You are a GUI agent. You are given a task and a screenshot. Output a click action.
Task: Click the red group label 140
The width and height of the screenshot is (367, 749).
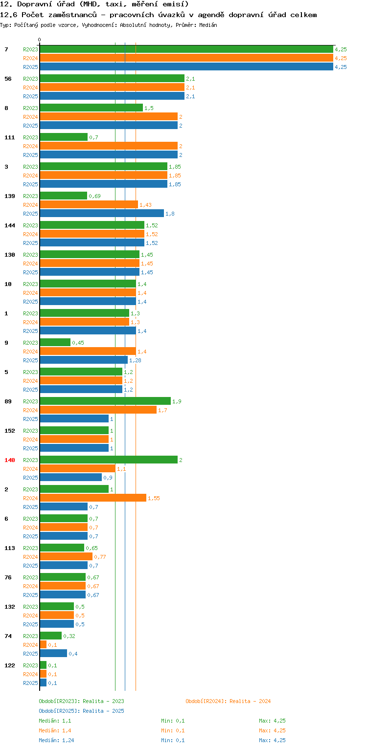coord(10,460)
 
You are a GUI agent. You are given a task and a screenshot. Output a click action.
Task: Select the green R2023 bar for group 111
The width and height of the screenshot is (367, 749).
coord(64,137)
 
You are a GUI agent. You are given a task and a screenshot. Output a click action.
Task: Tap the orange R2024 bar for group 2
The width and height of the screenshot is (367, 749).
coord(93,498)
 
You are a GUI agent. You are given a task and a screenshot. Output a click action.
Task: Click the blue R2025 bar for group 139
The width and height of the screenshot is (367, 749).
coord(102,214)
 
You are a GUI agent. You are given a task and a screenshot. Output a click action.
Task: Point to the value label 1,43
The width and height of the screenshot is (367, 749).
coord(146,205)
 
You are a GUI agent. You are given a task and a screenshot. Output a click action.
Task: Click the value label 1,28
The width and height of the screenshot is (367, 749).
coord(135,360)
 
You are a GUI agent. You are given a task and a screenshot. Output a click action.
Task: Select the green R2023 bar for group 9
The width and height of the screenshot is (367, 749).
coord(55,343)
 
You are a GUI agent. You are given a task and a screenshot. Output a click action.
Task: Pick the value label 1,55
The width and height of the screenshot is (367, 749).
coord(154,498)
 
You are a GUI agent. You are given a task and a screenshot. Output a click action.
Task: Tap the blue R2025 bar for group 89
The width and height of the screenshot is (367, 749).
coord(74,419)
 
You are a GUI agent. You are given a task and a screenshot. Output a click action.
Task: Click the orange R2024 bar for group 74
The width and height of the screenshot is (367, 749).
coord(43,645)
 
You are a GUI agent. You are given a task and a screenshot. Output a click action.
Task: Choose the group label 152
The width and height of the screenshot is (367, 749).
coord(10,431)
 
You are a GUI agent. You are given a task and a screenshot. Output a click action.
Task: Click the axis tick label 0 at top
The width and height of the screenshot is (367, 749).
coord(40,40)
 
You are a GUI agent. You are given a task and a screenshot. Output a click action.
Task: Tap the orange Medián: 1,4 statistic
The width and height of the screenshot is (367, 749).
coord(52,730)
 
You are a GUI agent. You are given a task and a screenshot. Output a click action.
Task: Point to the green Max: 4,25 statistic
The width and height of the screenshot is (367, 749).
coord(272,721)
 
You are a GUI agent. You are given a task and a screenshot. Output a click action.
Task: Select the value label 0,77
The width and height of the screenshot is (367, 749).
coord(100,557)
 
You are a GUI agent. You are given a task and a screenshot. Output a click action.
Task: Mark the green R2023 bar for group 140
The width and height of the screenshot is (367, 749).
coord(108,460)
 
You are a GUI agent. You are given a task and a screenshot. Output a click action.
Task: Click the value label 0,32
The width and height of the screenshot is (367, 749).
coord(69,636)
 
